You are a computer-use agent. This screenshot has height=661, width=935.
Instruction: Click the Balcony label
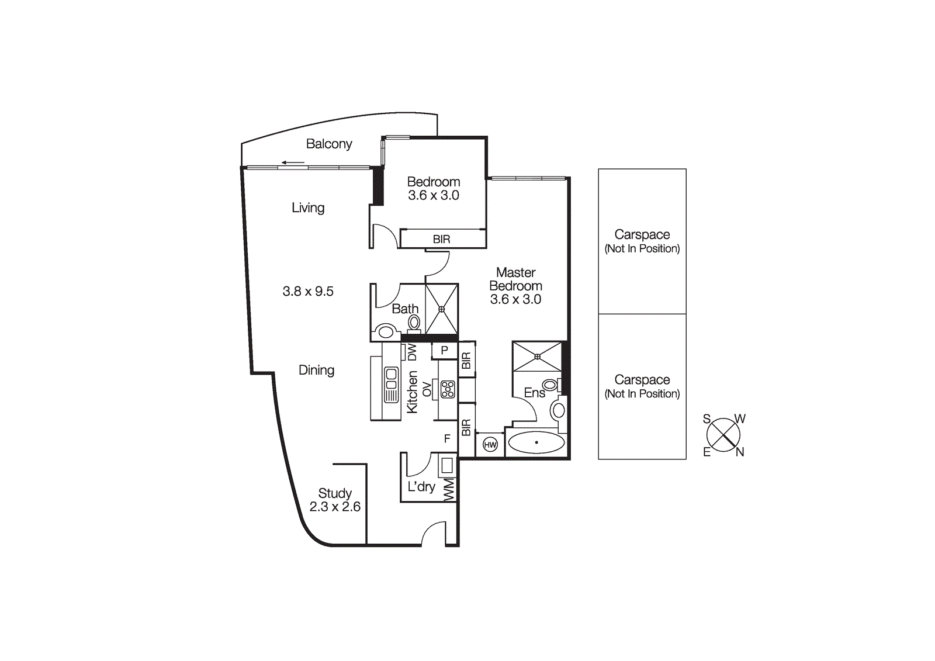[329, 144]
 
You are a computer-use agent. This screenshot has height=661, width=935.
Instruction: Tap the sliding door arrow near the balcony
[293, 162]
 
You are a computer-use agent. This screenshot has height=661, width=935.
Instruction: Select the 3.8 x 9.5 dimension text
[308, 291]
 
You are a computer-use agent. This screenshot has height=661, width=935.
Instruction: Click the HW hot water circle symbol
[490, 445]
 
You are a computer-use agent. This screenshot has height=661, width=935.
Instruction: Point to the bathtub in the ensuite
[536, 442]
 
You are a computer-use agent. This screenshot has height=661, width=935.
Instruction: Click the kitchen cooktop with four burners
[448, 389]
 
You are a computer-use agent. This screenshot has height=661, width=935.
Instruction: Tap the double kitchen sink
[391, 384]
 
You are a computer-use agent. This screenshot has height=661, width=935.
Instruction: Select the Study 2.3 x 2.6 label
[335, 500]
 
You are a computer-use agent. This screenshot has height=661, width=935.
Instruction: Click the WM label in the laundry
[449, 490]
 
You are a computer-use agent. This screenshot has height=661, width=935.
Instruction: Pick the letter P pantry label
[445, 350]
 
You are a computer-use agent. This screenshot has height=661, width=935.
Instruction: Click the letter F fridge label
[447, 438]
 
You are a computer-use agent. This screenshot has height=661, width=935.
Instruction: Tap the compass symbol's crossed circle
[723, 435]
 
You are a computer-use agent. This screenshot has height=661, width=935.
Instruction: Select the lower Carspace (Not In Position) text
[642, 386]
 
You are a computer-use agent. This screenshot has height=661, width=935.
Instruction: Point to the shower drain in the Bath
[442, 309]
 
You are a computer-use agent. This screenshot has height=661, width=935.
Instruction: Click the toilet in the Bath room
[414, 323]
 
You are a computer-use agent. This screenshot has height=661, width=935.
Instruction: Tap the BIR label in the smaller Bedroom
[442, 239]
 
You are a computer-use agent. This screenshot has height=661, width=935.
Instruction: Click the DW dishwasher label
[412, 352]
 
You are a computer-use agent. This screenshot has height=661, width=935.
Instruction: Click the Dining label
[316, 370]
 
